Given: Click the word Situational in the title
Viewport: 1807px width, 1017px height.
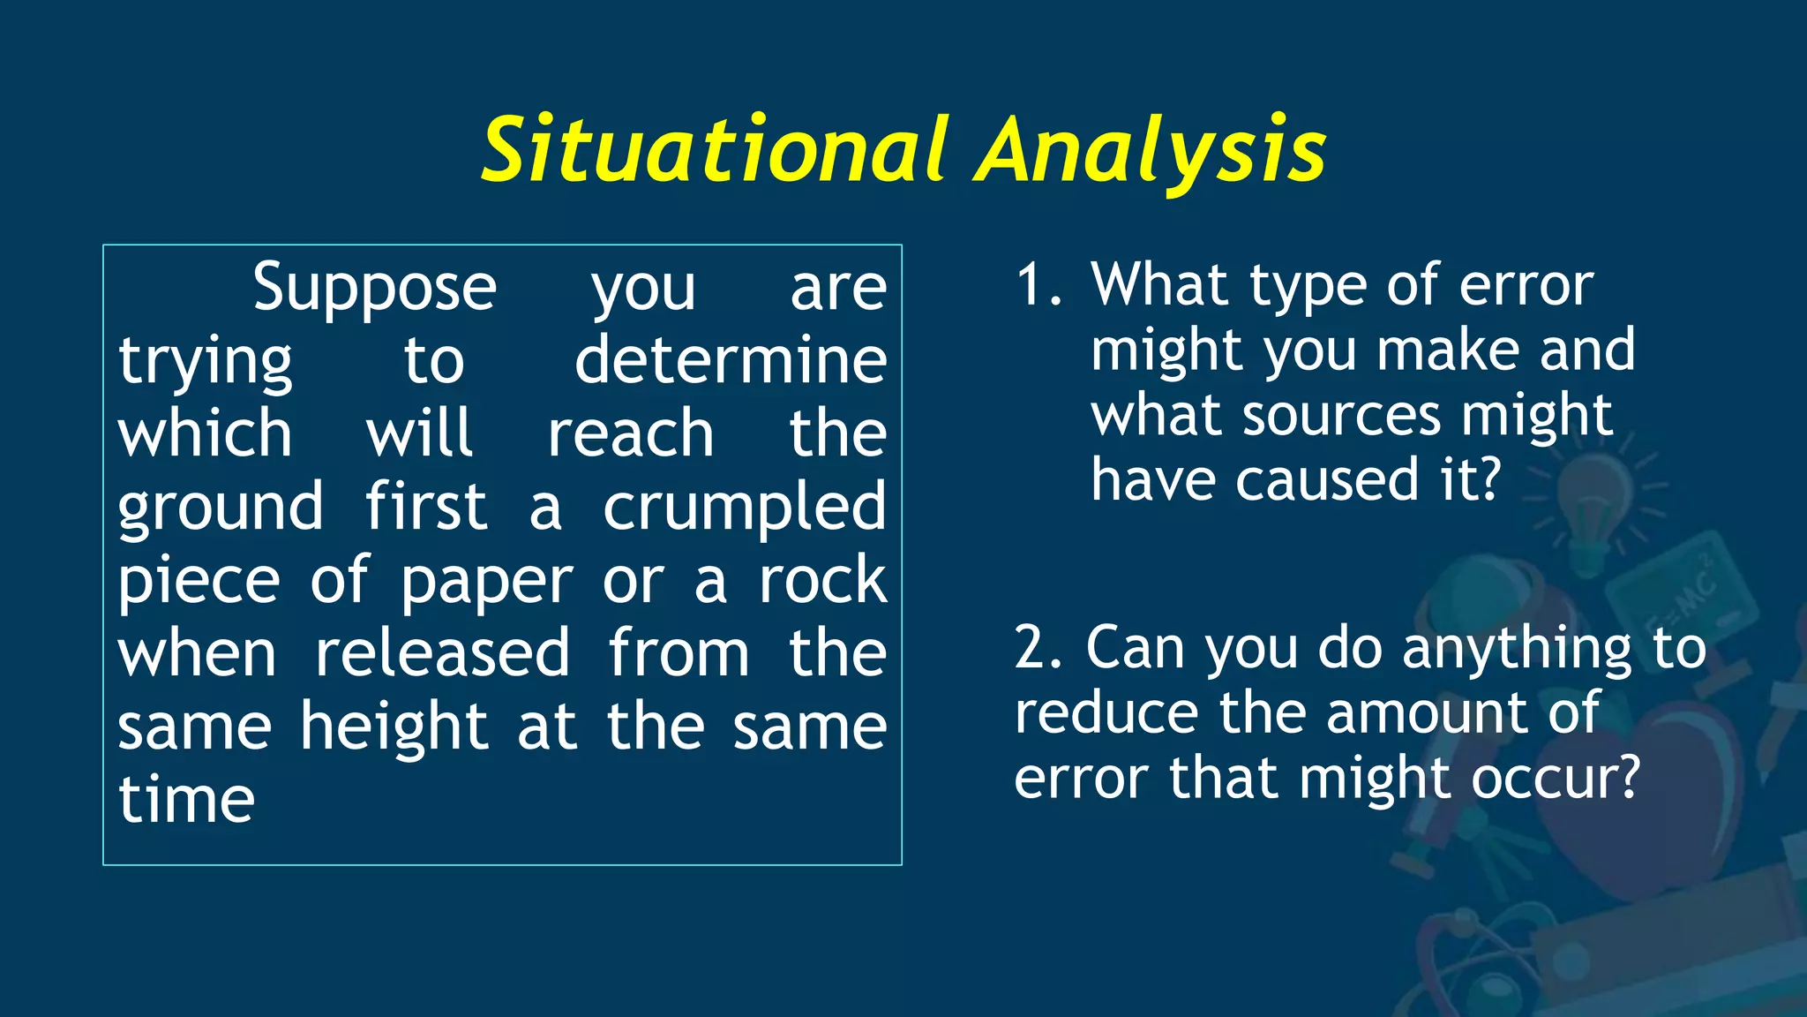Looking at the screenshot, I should coord(715,150).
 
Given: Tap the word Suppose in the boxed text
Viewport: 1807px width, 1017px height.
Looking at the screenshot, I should coord(374,288).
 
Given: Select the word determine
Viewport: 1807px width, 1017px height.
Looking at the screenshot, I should coord(731,360).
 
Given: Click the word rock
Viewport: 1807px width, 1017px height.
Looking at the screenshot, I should coord(822,580).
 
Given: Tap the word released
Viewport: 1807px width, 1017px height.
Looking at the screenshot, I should coord(442,653).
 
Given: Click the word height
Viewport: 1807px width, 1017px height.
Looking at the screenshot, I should coord(394,727).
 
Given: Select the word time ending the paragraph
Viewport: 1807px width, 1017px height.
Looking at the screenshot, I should coord(187,800).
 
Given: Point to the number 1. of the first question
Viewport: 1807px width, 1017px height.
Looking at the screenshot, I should coord(1038,286).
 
